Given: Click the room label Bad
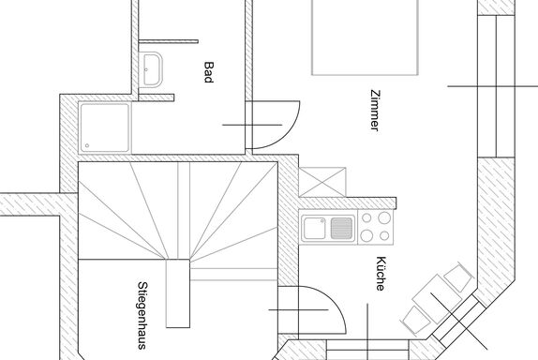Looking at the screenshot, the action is click(209, 72).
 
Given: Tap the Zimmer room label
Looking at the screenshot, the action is click(375, 111).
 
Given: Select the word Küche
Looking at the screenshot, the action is click(381, 274).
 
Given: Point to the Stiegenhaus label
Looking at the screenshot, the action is click(142, 315).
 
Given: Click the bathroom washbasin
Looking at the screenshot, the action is click(151, 69).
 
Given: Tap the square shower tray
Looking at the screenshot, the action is click(105, 127).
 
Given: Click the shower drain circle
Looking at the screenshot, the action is click(87, 145).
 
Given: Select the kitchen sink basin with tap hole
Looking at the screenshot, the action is click(314, 228).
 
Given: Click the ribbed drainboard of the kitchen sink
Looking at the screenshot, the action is click(341, 228).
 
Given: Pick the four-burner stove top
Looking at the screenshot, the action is click(376, 227).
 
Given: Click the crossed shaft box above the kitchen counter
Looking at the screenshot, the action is click(322, 182).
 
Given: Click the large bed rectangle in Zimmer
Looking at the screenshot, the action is click(365, 37).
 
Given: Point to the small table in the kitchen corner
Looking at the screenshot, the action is click(437, 298).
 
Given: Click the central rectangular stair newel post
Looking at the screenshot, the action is click(178, 293).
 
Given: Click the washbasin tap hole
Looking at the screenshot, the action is click(146, 69).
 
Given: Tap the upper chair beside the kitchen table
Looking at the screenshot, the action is click(459, 277).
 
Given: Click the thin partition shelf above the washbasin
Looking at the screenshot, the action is click(168, 41).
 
